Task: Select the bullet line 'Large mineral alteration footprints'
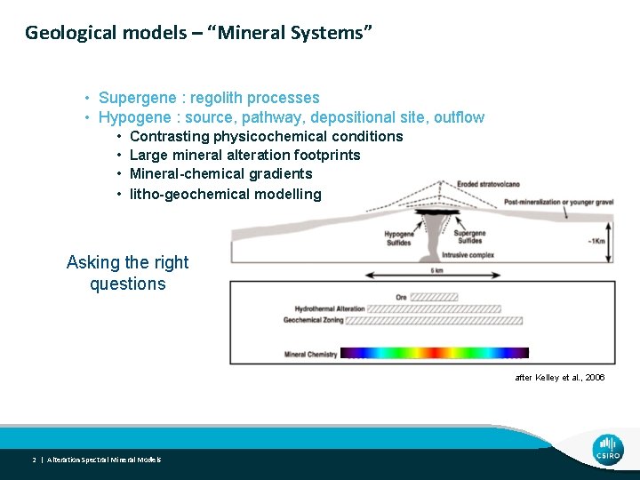[x=244, y=156]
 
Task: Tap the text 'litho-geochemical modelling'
[x=225, y=194]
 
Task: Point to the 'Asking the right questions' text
[x=128, y=273]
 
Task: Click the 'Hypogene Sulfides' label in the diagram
[x=399, y=238]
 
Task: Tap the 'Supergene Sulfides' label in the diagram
[x=469, y=238]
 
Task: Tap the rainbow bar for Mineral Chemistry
[x=435, y=353]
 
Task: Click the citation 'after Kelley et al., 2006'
[x=559, y=378]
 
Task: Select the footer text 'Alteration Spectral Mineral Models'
[x=104, y=460]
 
